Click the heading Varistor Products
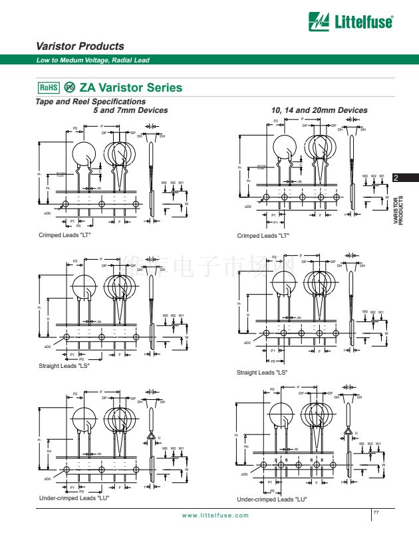point(80,46)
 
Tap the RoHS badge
point(49,88)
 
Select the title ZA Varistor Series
point(130,88)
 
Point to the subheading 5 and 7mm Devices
point(130,110)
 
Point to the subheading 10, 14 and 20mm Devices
point(319,110)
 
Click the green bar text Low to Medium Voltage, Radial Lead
point(93,60)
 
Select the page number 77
point(376,512)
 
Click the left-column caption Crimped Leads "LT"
point(65,235)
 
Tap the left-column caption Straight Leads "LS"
point(64,366)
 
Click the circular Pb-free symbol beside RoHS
point(70,88)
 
